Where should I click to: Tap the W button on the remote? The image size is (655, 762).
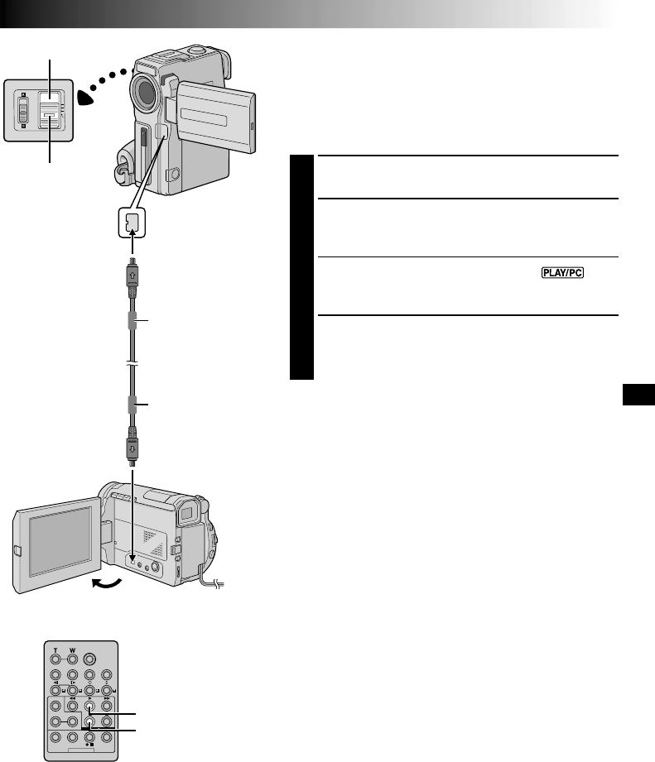(72, 659)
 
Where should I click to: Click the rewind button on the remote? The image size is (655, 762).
(72, 706)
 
